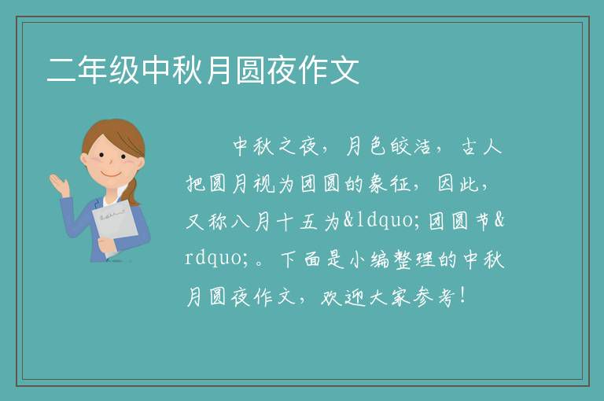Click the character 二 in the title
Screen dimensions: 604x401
coord(61,70)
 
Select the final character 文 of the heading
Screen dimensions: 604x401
coord(344,70)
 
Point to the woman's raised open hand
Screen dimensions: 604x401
coord(60,185)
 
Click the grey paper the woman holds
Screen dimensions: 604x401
coord(115,224)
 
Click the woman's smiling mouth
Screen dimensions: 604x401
coord(111,174)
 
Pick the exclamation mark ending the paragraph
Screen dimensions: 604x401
coord(462,296)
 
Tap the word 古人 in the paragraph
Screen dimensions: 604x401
coord(481,146)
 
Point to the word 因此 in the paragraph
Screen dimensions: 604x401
coord(458,184)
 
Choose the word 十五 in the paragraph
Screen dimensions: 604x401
coord(297,222)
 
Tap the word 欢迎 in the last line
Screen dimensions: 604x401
coord(342,297)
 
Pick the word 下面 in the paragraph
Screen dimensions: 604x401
coord(301,259)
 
